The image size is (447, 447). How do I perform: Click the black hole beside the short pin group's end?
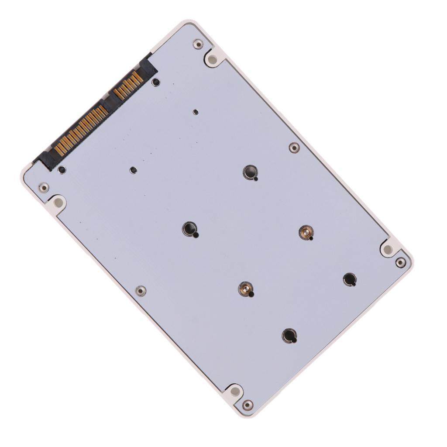(x=155, y=82)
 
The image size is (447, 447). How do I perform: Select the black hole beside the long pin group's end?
(x=62, y=169)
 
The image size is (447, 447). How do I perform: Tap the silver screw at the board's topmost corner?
(x=198, y=44)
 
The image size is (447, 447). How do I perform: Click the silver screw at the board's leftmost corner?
(x=44, y=188)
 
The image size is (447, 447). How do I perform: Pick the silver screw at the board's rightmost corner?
(x=401, y=262)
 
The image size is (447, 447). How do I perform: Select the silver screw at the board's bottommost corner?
(x=248, y=405)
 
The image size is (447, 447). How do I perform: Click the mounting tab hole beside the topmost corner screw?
(x=213, y=58)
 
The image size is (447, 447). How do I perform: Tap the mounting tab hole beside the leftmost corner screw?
(x=58, y=203)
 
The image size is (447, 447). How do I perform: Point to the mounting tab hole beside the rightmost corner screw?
(x=388, y=249)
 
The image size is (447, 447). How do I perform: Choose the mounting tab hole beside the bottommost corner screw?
(x=234, y=391)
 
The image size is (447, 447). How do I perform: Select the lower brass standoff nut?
(x=246, y=288)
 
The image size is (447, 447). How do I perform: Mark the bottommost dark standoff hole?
(x=289, y=335)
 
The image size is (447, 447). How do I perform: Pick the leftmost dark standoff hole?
(x=189, y=228)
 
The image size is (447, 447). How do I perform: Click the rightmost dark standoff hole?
(x=349, y=279)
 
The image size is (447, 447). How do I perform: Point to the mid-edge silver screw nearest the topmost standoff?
(x=294, y=148)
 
